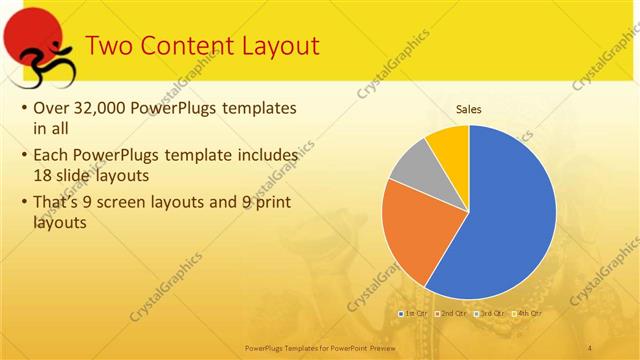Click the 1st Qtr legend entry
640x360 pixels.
(x=413, y=314)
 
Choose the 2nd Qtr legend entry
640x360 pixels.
(x=453, y=314)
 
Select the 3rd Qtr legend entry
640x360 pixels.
(x=491, y=314)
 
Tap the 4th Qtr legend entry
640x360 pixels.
(x=527, y=314)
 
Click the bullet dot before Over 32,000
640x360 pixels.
(x=24, y=108)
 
